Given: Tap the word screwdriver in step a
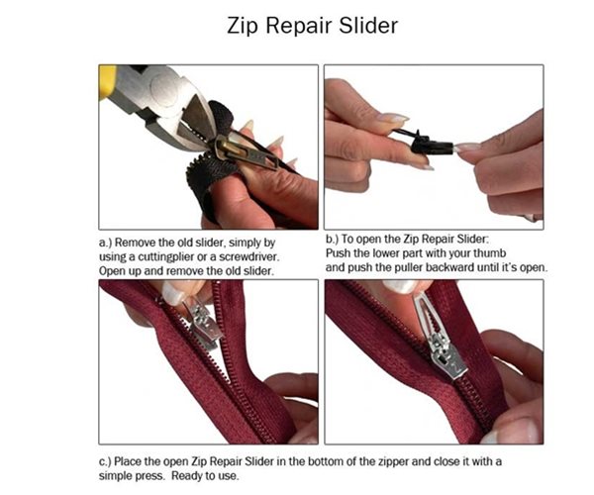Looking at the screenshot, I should coord(260,255).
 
